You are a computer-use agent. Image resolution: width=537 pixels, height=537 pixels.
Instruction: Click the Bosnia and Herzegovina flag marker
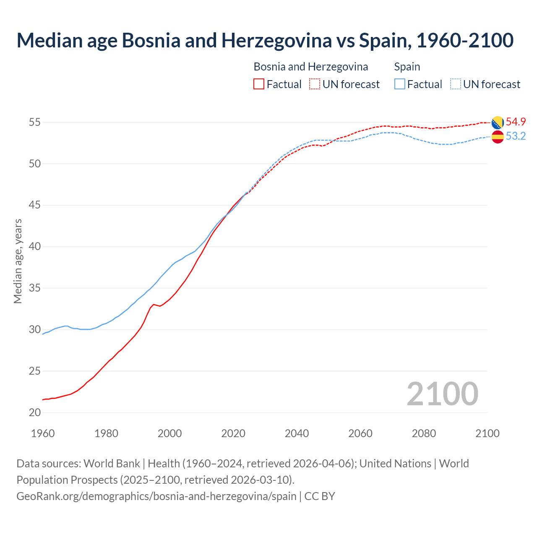coord(498,123)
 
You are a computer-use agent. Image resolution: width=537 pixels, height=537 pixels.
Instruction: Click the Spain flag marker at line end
coord(498,137)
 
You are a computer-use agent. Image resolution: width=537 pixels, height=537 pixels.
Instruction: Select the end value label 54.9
coord(516,122)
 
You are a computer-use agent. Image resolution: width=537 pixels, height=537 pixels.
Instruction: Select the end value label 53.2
coord(516,136)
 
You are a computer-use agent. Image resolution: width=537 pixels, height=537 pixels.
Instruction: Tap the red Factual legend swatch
coord(259,84)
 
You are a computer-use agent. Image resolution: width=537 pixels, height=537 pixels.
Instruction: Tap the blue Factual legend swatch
coord(400,84)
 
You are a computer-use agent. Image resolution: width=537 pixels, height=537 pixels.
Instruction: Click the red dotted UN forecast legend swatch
coord(315,84)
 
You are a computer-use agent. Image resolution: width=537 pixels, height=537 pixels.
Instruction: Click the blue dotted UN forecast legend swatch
coord(456,84)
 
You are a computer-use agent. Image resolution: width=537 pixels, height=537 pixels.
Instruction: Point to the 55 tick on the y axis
coord(35,123)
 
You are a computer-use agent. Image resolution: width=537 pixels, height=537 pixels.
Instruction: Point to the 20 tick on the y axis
coord(35,413)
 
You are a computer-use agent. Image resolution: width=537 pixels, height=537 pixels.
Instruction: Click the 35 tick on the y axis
coord(35,288)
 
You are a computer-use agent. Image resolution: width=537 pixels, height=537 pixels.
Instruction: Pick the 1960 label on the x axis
coord(43,433)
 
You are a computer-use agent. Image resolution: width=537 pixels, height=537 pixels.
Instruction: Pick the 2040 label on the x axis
coord(297,433)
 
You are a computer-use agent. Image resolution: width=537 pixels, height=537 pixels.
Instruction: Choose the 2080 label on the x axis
coord(424,433)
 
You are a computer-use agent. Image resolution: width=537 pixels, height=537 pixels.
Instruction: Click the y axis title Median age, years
coord(18,261)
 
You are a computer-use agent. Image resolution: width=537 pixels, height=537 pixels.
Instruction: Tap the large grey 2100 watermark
coord(442,394)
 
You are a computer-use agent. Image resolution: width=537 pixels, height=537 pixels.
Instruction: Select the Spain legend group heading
coord(407,67)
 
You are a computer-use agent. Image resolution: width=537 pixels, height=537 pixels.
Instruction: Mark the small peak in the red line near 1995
coord(154,304)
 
